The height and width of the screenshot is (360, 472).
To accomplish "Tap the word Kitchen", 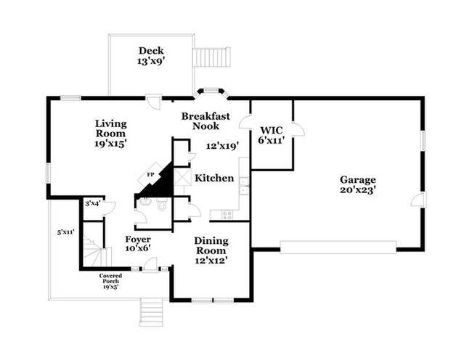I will point(214,178).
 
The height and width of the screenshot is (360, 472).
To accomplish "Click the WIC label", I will point(271,131).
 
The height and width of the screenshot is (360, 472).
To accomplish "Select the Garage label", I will point(357,184).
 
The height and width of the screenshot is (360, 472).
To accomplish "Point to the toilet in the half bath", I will point(161,206).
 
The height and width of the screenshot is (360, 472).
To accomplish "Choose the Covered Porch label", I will point(111,279).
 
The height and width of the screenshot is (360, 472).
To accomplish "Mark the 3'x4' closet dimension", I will point(93,204).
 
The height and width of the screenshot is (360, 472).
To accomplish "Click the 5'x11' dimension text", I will point(65,232).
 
